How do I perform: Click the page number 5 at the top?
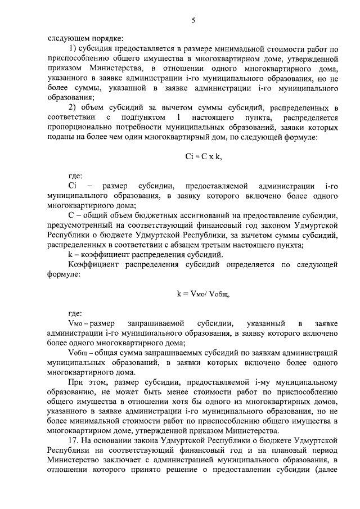(193, 21)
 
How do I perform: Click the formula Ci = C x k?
(203, 158)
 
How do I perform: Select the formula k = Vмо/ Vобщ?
(203, 293)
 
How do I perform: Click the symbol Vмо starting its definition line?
(75, 323)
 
